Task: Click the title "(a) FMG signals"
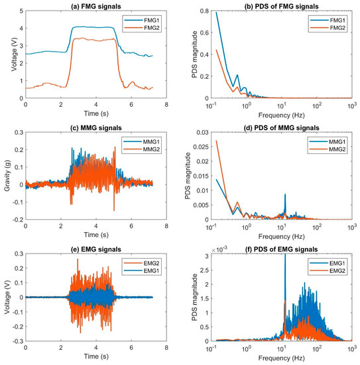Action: click(x=97, y=6)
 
